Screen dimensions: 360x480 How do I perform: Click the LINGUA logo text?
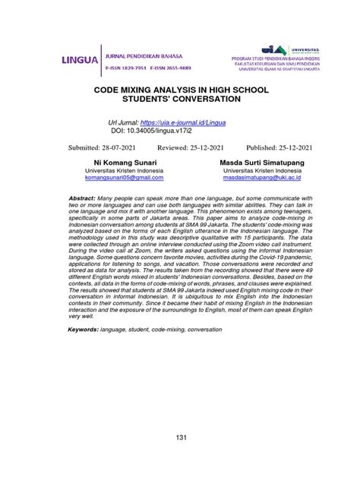click(x=78, y=60)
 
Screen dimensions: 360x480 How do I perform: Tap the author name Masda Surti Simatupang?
click(x=261, y=163)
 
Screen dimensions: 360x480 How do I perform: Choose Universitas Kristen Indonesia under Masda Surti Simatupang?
click(x=261, y=171)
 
